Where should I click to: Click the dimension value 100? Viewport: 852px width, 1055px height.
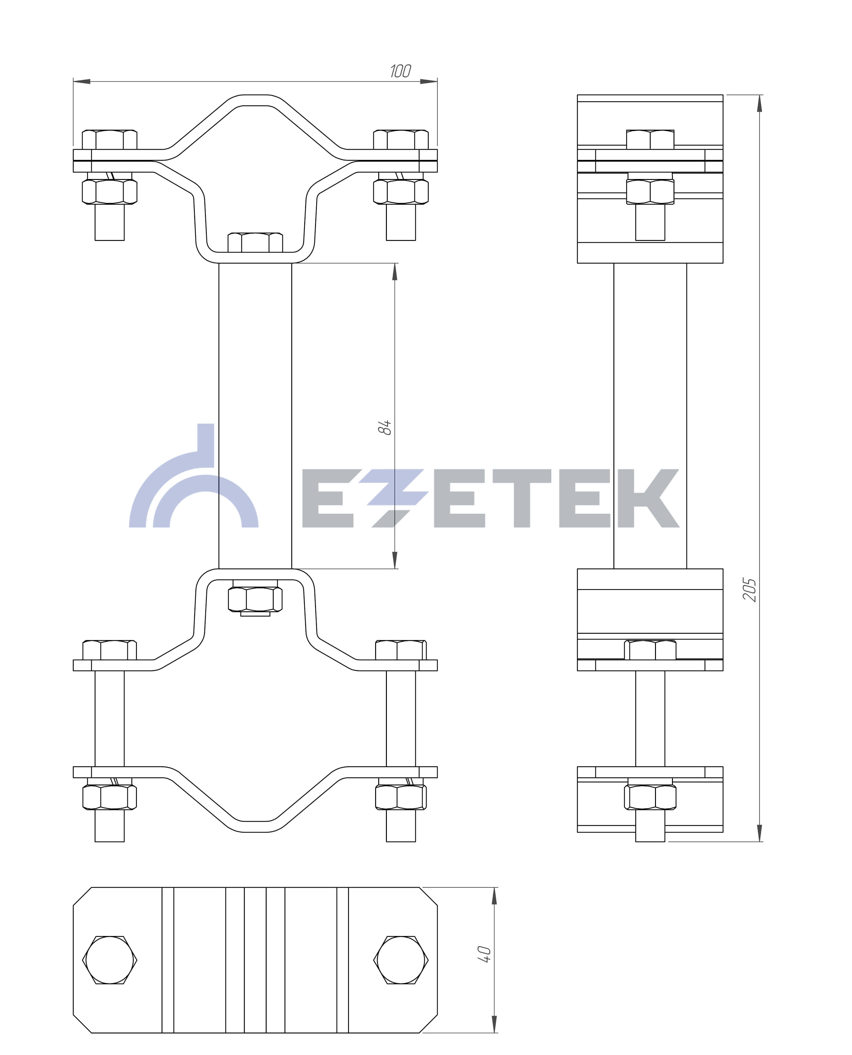pos(400,71)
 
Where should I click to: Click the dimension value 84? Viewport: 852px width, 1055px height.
pos(384,427)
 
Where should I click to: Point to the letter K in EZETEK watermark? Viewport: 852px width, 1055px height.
pos(648,498)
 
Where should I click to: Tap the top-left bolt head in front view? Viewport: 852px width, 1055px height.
pos(109,140)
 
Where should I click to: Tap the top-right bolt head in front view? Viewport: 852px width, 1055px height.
pos(401,140)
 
